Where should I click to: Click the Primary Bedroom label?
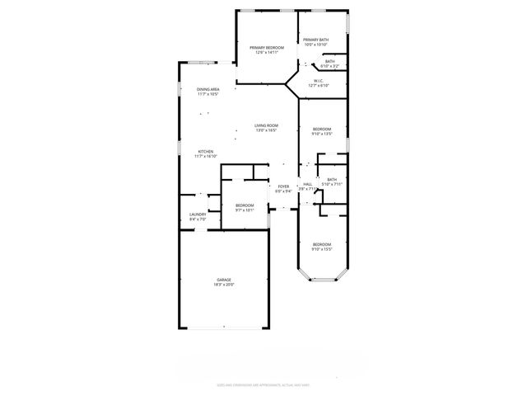(267, 48)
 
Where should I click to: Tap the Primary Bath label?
(316, 40)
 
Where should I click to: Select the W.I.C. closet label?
(319, 81)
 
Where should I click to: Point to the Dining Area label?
(208, 89)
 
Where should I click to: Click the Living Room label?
(266, 125)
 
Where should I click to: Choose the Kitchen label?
(205, 152)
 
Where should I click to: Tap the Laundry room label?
(198, 214)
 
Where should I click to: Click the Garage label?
(224, 280)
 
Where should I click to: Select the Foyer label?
(283, 186)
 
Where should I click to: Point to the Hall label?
(307, 184)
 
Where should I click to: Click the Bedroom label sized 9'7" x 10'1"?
(245, 205)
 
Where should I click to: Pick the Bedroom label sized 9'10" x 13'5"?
(321, 129)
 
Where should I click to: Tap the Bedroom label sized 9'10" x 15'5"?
(321, 244)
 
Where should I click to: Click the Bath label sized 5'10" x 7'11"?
(332, 180)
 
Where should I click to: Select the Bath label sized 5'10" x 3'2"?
(329, 61)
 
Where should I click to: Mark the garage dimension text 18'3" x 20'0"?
(224, 285)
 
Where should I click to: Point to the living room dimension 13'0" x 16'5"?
(266, 130)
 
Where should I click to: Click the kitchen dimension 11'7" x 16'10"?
(205, 157)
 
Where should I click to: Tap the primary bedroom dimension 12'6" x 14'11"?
(267, 53)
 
